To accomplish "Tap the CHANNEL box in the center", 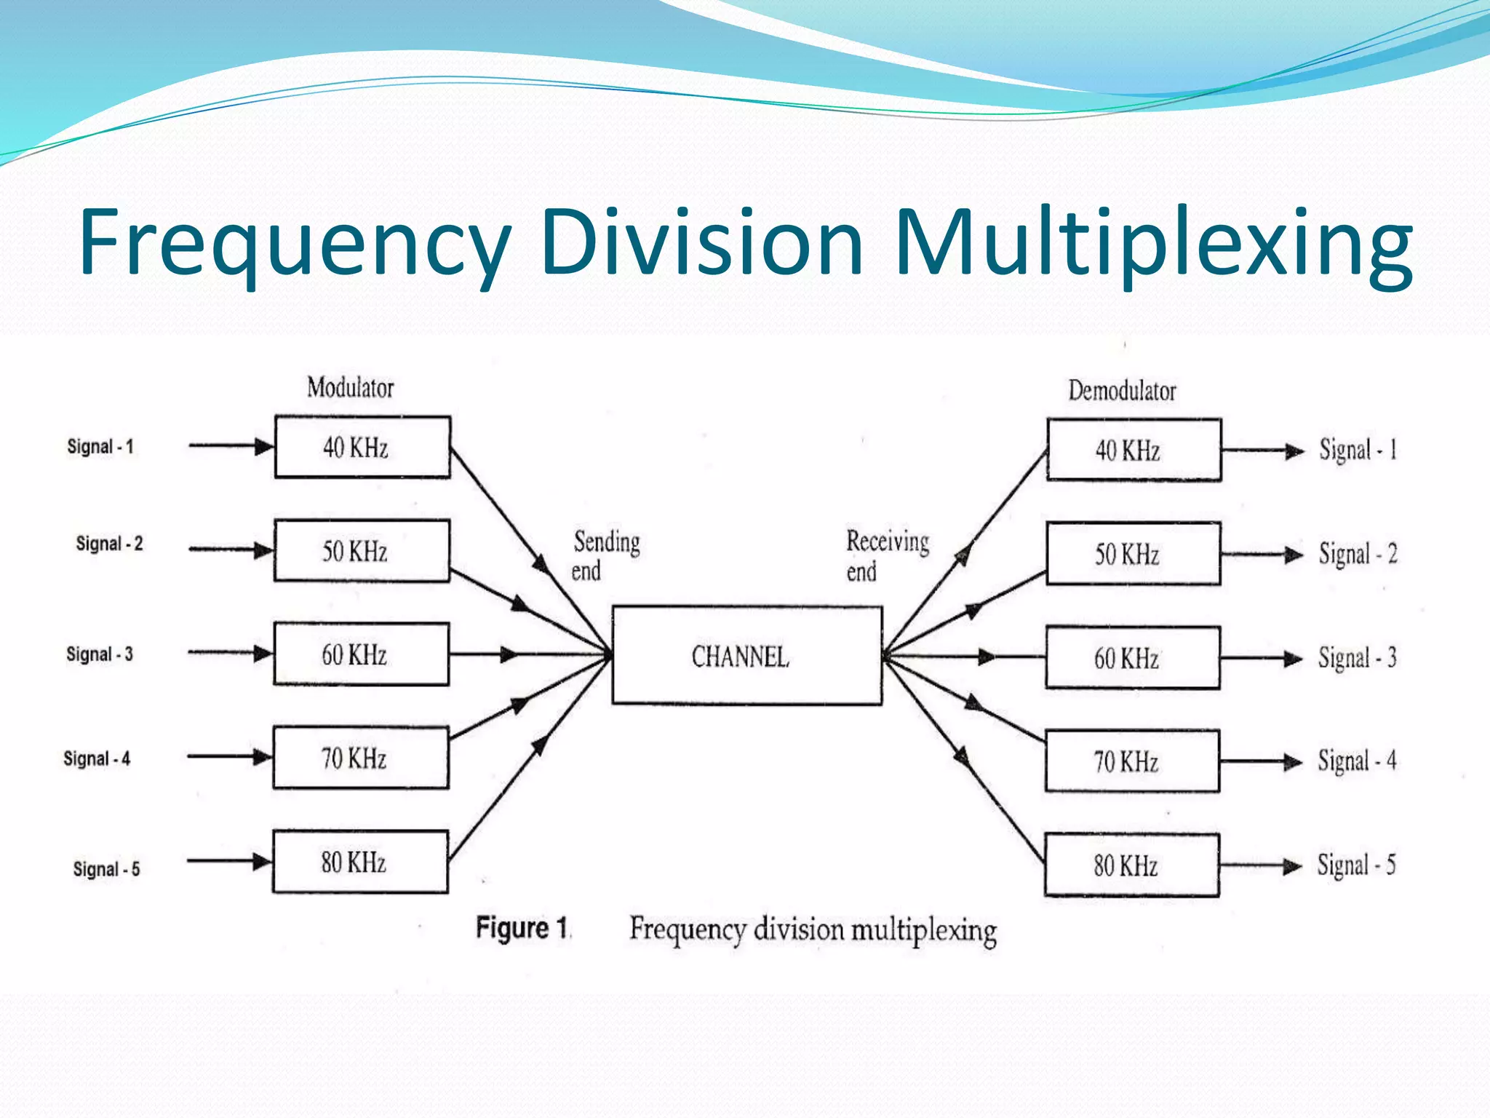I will point(746,656).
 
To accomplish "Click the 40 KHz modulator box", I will point(362,447).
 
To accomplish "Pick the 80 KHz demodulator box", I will point(1131,865).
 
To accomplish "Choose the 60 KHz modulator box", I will point(361,654).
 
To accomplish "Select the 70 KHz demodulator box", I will point(1132,761).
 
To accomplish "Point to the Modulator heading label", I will point(350,387).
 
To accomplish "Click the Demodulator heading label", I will point(1121,391).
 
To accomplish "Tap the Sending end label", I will point(605,555).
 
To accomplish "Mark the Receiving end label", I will point(886,555).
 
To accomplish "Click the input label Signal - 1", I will point(100,446).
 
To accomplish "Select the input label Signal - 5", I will point(106,868).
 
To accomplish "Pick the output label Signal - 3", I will point(1357,658).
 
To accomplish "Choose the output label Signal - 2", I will point(1358,554).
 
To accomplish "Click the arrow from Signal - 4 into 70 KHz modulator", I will point(229,757).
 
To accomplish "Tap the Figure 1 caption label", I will point(522,928).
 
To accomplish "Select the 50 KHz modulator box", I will point(361,551).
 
